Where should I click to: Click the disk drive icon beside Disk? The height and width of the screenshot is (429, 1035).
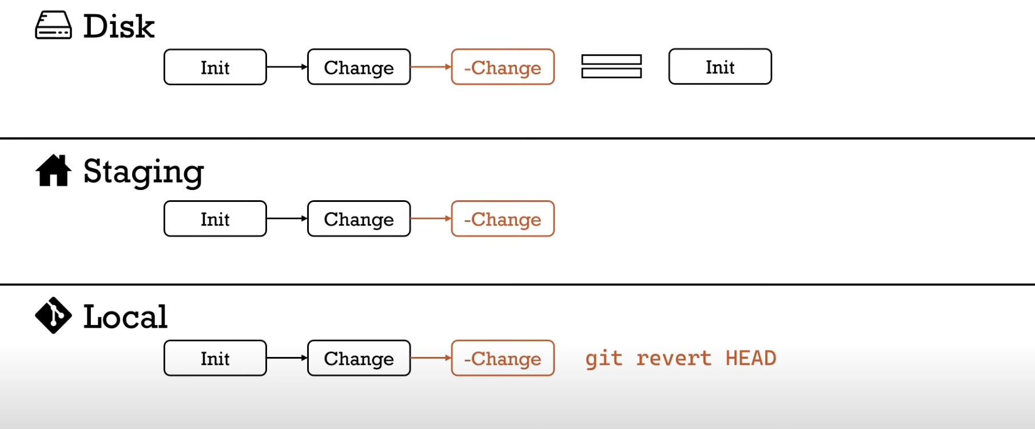pos(53,26)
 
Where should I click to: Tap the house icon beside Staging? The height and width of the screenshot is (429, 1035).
pos(53,170)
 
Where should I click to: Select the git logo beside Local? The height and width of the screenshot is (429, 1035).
pos(53,315)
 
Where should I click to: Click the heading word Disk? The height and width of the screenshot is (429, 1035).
pos(119,26)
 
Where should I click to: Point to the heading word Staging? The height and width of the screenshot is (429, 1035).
pos(144,172)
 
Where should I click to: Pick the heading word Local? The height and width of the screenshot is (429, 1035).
pos(125,316)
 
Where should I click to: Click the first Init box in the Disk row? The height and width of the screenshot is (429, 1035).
pos(215,67)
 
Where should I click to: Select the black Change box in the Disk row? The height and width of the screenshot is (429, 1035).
pos(359,67)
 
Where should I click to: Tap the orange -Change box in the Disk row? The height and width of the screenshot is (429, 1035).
pos(503,67)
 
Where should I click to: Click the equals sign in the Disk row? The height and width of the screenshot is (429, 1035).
pos(611,66)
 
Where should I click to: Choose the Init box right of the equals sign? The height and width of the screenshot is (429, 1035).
pos(720,66)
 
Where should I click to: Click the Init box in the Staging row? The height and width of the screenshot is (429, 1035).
pos(215,219)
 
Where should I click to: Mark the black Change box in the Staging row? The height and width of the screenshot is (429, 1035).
pos(359,219)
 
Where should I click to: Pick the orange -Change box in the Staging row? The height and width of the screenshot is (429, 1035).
pos(503,219)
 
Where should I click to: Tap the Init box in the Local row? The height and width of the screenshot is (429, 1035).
pos(215,358)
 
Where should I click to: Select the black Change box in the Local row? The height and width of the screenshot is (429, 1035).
pos(359,358)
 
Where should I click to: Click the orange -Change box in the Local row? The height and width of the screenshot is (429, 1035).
pos(503,358)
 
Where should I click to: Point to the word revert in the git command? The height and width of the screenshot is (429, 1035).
pos(674,358)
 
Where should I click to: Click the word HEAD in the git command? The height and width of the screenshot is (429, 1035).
pos(751,358)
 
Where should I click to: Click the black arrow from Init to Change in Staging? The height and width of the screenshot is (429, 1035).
pos(287,219)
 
